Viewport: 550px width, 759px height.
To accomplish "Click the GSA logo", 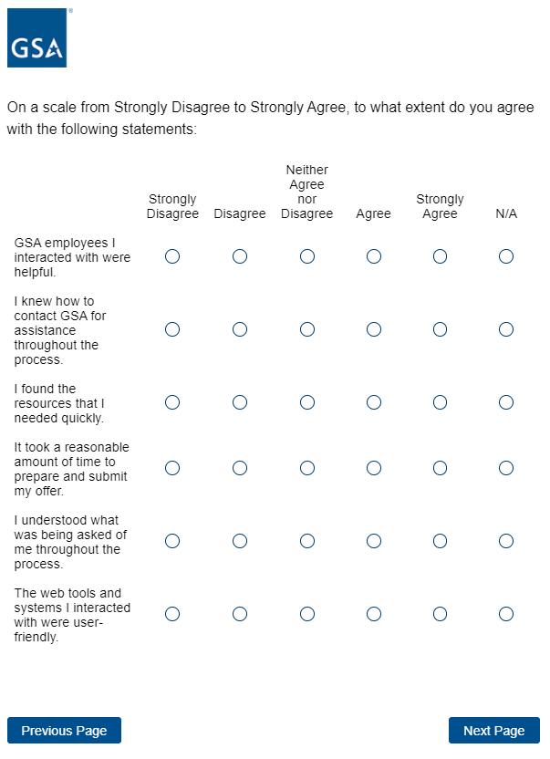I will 37,38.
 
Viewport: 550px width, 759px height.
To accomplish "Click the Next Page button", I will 493,731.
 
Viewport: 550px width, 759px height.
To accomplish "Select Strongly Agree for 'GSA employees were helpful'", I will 440,256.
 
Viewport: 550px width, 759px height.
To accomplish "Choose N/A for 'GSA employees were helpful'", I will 506,256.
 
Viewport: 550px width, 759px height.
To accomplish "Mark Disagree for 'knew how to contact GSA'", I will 240,329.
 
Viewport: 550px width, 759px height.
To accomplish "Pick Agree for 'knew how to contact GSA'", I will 373,329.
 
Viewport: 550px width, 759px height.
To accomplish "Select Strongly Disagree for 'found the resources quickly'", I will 172,402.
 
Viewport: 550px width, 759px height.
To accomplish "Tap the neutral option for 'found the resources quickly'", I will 307,402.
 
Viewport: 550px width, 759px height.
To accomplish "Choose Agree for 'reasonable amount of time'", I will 373,468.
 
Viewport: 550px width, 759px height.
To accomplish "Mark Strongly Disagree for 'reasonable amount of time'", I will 172,468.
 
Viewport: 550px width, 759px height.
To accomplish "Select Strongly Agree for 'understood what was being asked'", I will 440,541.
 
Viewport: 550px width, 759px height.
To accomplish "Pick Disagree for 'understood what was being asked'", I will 240,541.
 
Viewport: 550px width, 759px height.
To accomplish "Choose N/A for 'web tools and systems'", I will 506,614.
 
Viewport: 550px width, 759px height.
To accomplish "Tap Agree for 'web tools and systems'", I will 373,614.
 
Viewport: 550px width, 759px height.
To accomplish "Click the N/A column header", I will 506,213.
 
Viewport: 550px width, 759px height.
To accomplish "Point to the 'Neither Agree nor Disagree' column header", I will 307,192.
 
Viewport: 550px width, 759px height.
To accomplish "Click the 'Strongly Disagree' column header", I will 172,206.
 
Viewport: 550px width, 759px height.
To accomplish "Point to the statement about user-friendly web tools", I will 72,615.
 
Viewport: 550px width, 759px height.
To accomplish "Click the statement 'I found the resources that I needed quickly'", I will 71,403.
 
